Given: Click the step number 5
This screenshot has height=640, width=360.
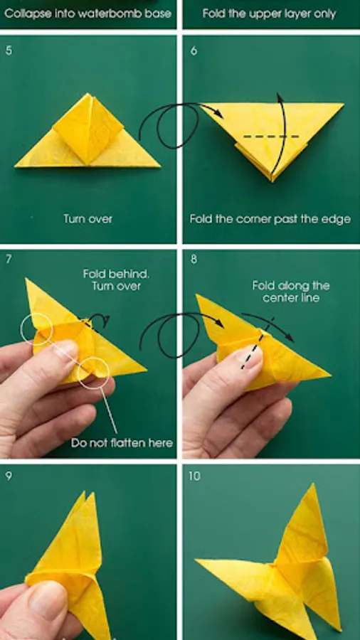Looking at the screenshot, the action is pos(9,51).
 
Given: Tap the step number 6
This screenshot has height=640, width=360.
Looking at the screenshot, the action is pos(194,51).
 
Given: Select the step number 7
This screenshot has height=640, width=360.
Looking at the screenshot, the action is pos(9,259).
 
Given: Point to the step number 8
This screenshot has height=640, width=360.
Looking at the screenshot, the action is pos(194,259).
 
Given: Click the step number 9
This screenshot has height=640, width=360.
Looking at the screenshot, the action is pos(9,476).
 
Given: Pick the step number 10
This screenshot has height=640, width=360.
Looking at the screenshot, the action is pos(195,476).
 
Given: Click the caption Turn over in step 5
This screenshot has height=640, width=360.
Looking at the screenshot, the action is pos(88,219).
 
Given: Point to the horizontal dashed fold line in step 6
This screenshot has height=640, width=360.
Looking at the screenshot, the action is pos(272,137).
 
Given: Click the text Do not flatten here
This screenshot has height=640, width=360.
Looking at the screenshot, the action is pos(122,443).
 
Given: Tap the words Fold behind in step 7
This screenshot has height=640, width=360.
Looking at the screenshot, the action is pos(117,274).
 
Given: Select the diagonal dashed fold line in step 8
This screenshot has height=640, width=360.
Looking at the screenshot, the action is pos(258,343).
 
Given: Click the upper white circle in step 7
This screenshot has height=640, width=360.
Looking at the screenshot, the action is pos(36,329).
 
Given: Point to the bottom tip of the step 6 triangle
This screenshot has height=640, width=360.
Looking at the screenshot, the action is pos(272,181).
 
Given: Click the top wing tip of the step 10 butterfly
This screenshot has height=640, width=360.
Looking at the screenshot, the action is pos(312,484).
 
